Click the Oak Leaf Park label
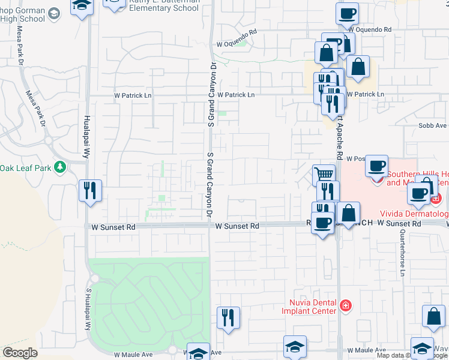click(x=25, y=167)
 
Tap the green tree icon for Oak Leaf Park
click(x=59, y=167)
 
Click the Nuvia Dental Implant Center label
click(x=309, y=307)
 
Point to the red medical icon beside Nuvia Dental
click(x=345, y=306)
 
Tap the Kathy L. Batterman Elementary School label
click(x=164, y=5)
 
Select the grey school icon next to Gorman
click(x=54, y=14)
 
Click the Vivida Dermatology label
click(x=414, y=214)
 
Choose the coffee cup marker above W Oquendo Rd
click(x=348, y=13)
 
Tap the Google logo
click(x=20, y=353)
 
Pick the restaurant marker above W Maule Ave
click(x=228, y=316)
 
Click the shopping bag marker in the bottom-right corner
click(x=433, y=316)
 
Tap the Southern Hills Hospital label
click(x=417, y=178)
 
